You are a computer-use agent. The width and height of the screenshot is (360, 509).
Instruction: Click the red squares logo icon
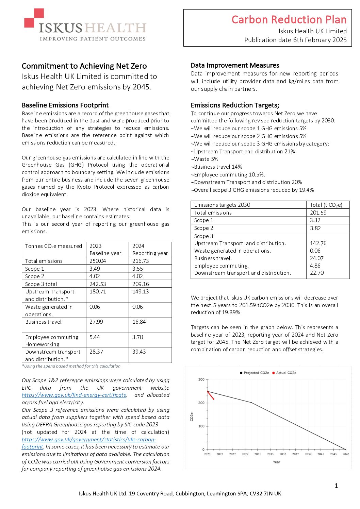click(34, 18)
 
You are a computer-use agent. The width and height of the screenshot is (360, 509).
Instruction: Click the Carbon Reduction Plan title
click(289, 20)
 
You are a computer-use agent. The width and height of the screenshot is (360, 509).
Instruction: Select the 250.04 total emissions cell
click(98, 261)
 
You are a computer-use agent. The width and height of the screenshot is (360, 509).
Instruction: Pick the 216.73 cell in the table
click(141, 261)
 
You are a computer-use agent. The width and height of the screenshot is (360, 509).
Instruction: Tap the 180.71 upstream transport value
click(97, 292)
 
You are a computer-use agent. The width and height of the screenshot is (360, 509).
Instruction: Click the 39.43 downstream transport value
click(139, 352)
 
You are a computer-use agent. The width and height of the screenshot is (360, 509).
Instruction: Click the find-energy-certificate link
click(74, 395)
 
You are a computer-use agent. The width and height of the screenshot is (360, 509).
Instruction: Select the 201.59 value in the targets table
click(318, 213)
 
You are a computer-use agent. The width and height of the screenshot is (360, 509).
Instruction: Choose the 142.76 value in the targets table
click(318, 243)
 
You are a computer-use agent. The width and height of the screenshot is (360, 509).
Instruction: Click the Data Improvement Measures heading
click(235, 65)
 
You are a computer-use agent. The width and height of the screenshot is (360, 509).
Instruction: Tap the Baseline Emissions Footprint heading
click(65, 105)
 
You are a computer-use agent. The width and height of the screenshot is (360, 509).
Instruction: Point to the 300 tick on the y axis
click(201, 379)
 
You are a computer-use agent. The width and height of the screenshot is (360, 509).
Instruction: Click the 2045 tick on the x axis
click(346, 454)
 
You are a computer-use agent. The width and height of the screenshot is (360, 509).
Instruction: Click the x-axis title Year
click(276, 462)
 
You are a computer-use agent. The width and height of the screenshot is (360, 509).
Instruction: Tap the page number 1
click(336, 486)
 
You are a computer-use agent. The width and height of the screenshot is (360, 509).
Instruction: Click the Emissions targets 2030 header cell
click(222, 205)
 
